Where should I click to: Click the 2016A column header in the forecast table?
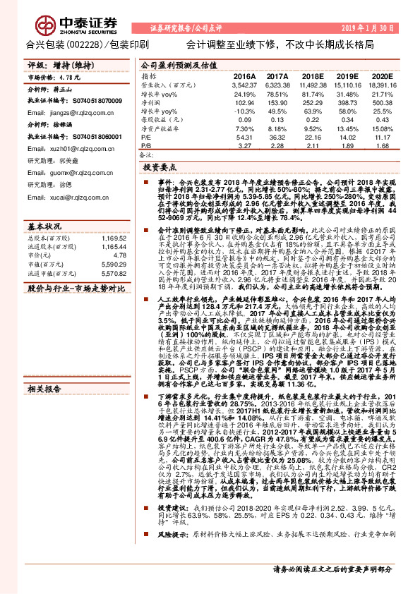pos(244,75)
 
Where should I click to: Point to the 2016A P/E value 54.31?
pos(244,138)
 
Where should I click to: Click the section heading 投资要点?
pos(159,169)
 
